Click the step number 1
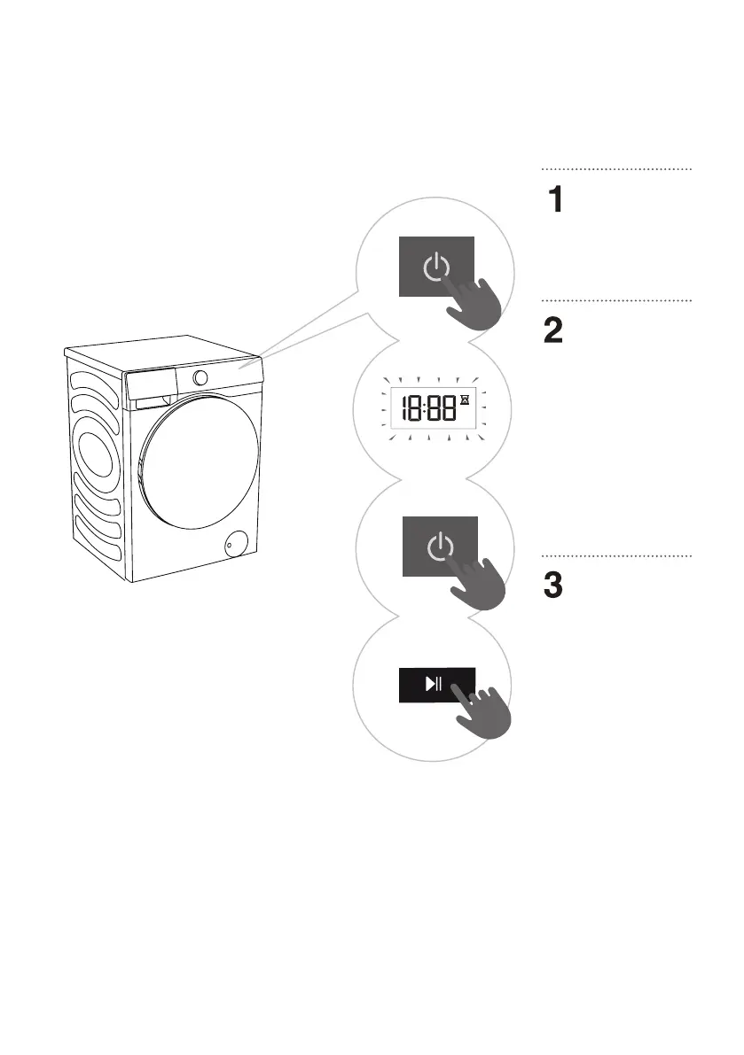pos(554,200)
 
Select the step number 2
pos(554,332)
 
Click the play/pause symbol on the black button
pos(434,684)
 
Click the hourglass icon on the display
pos(464,402)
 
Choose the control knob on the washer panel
pos(201,377)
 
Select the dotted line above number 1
pos(615,168)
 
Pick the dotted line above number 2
pos(615,301)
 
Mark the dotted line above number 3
pos(615,556)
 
